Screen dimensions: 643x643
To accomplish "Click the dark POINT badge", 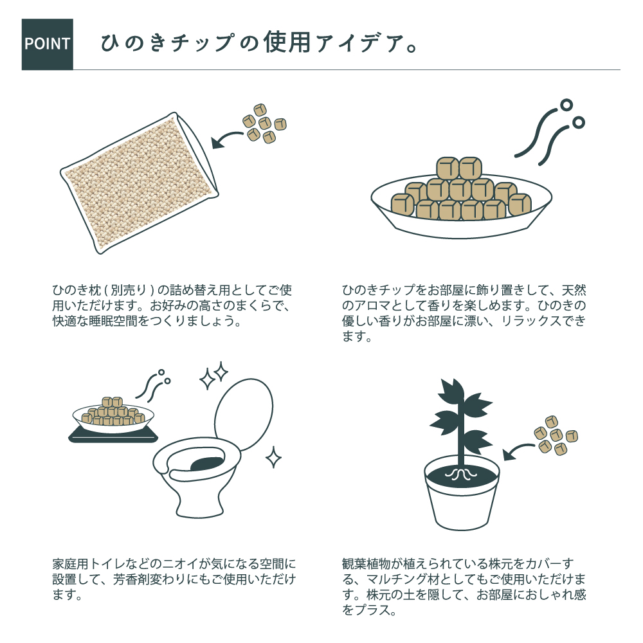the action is coord(47,44).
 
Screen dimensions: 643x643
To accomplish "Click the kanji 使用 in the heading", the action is coord(286,42).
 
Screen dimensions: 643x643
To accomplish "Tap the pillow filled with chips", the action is coord(140,183).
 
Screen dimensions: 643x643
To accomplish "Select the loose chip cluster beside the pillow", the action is coord(264,123).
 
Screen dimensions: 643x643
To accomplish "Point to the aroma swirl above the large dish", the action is coord(550,132).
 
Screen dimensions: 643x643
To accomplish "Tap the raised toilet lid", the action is coord(244,413).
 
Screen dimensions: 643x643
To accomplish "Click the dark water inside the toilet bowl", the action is coord(208,463).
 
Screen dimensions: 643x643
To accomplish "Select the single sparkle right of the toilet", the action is coord(273,457).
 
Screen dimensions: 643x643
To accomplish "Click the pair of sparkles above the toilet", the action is coord(213,376).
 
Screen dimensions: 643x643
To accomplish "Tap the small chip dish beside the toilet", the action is coord(113,416).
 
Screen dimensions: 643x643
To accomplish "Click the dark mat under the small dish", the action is coord(113,435).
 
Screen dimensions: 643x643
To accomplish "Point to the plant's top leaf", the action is coord(451,391).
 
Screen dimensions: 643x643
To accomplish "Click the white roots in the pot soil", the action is coord(462,475).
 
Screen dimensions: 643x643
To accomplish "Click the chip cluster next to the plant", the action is coord(556,435).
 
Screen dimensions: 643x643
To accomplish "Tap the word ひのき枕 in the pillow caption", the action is coord(77,290).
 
